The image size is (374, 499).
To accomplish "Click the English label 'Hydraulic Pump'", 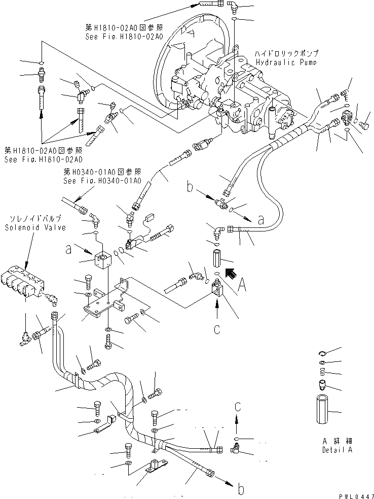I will pos(286,62).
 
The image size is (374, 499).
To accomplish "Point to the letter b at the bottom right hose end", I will pos(241,489).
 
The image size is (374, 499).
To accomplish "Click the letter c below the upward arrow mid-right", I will pos(216,329).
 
